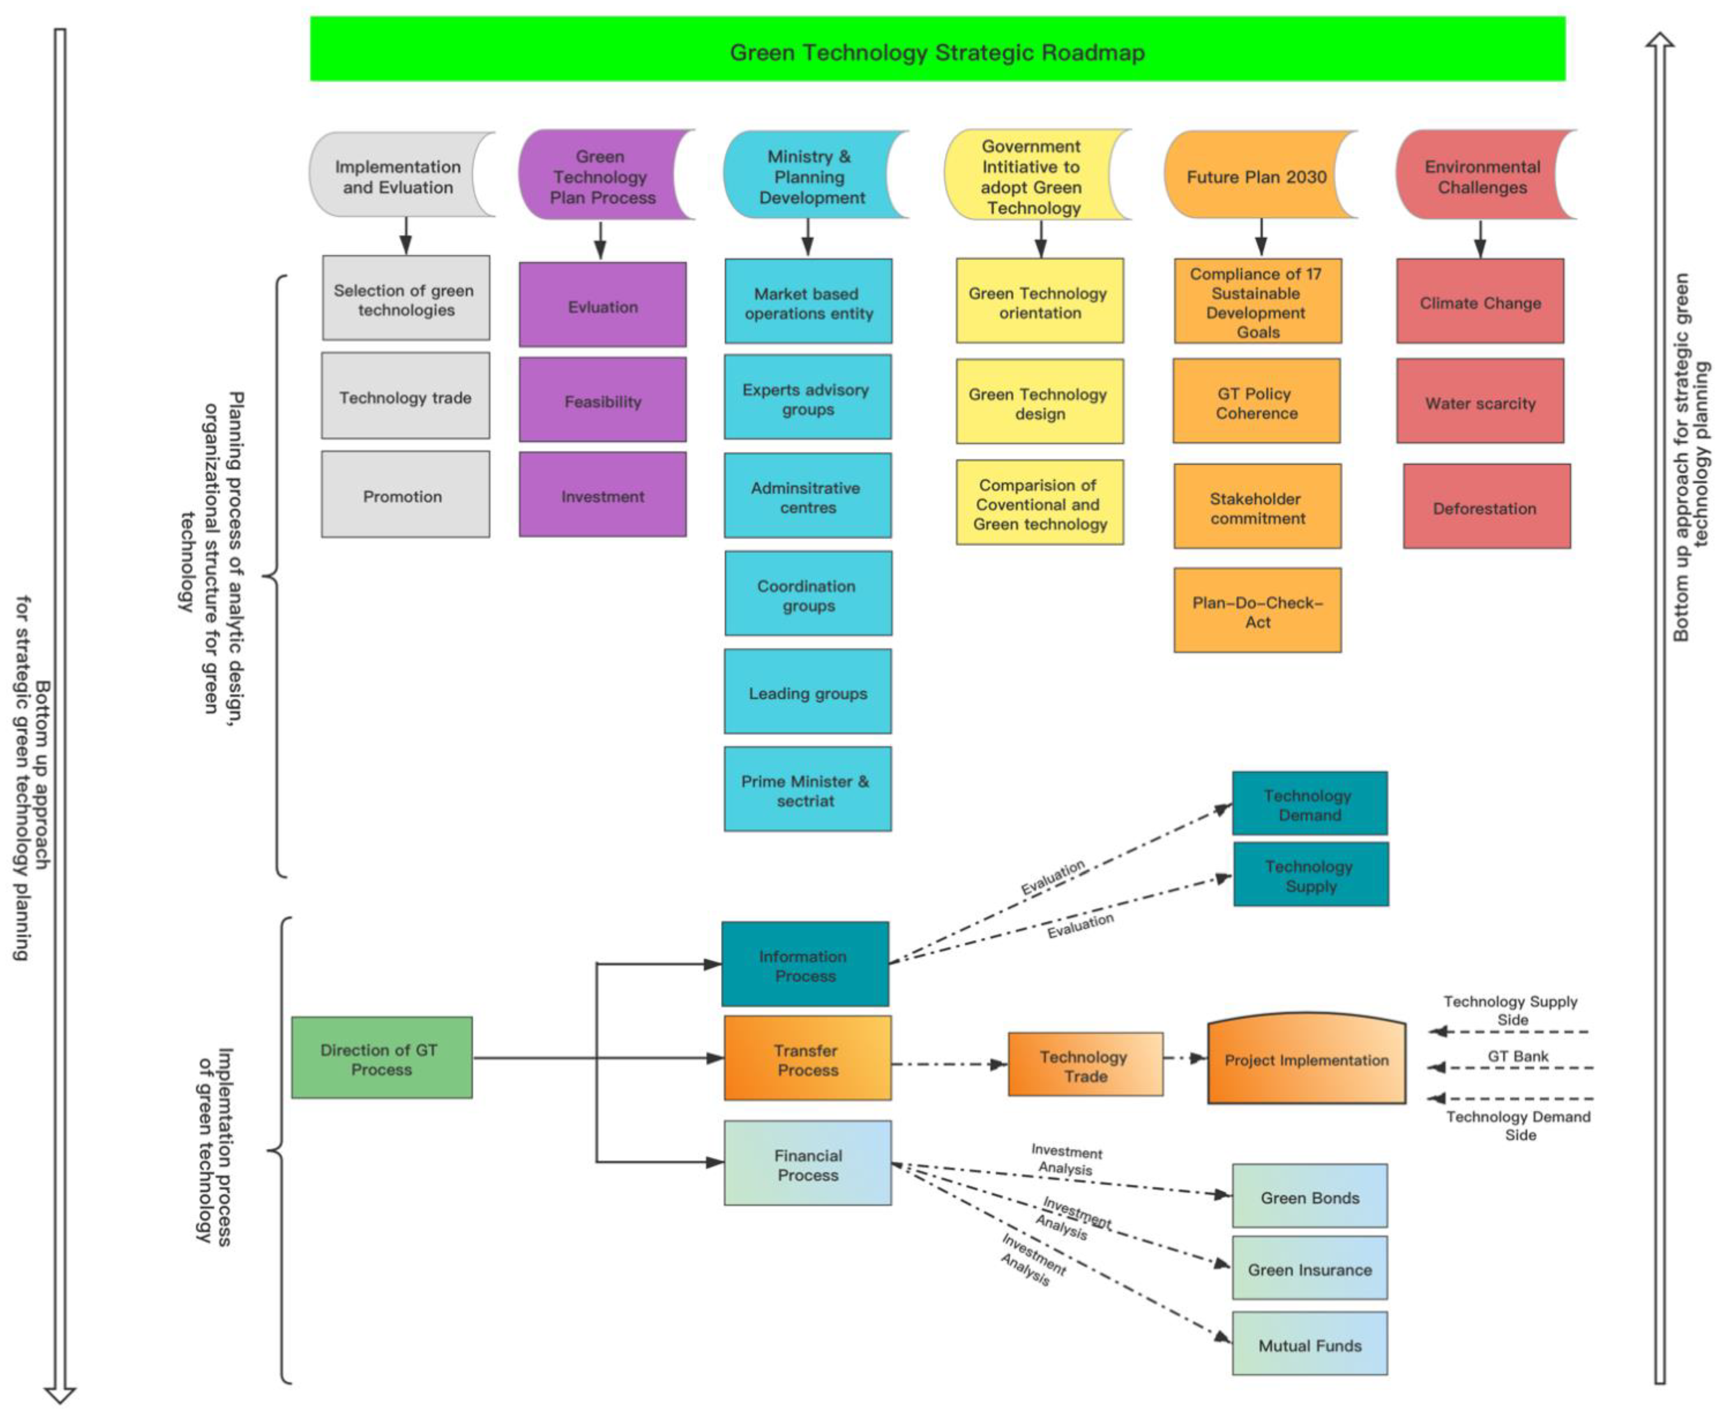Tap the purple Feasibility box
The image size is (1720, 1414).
pos(603,400)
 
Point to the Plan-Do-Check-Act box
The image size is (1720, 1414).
pos(1256,611)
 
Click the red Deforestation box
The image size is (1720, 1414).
pos(1485,507)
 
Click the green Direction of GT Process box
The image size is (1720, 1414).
pos(381,1057)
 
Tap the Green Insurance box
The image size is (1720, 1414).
pos(1309,1268)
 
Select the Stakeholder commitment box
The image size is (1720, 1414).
pos(1256,507)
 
